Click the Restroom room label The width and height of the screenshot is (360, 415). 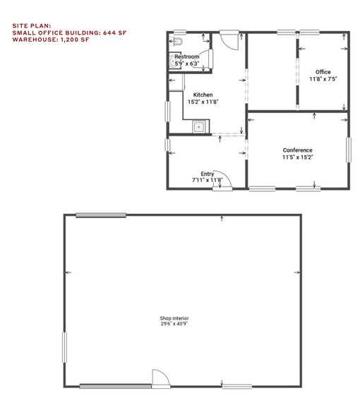tap(187, 56)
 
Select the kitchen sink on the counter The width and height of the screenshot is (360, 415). tap(199, 127)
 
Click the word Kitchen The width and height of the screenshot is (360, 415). tap(203, 95)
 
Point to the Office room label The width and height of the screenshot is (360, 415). tap(323, 72)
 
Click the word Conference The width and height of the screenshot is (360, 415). tap(297, 150)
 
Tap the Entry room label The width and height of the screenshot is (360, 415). tap(207, 174)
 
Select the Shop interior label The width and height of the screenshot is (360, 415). tap(174, 318)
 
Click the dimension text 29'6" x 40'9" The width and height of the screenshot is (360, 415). tap(174, 325)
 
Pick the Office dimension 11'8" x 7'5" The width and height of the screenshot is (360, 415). tap(323, 79)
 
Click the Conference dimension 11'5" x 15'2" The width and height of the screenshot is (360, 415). tap(297, 157)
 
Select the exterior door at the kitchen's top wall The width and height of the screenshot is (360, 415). tap(230, 37)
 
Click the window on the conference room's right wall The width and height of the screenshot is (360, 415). tap(348, 150)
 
